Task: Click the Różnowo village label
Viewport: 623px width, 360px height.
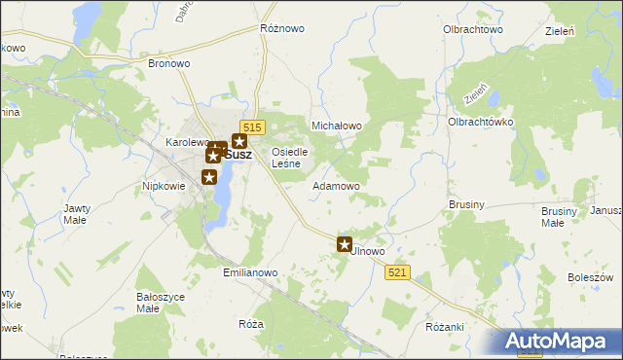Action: click(281, 29)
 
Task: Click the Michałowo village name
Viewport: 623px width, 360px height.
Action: click(336, 126)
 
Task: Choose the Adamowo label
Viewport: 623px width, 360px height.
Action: click(336, 185)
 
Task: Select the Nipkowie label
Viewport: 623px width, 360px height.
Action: click(164, 185)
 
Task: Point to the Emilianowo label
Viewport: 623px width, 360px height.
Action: click(250, 273)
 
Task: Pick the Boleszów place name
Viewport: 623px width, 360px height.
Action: click(590, 277)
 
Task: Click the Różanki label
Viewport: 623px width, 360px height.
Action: click(445, 327)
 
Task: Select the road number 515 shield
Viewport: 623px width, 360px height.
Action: click(253, 127)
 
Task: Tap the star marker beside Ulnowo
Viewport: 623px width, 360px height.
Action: click(344, 244)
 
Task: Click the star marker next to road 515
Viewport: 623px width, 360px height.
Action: click(238, 142)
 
